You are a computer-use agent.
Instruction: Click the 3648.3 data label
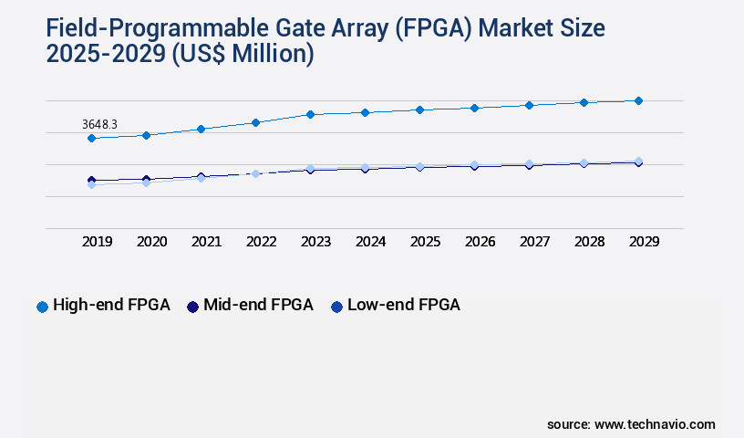point(100,122)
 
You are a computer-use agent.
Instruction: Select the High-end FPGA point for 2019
point(91,138)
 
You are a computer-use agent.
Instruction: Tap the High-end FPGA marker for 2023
point(310,114)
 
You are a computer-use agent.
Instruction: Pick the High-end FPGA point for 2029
point(638,100)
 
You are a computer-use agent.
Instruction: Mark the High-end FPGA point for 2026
point(474,108)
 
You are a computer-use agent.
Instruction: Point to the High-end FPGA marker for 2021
point(201,129)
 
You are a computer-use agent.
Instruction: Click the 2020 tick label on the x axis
point(151,242)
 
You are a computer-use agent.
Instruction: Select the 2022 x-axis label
point(261,242)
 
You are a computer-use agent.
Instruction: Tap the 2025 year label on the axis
point(425,242)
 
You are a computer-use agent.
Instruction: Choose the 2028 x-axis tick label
point(589,242)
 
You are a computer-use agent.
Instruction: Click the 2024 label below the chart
point(370,242)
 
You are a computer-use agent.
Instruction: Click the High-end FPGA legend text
point(111,305)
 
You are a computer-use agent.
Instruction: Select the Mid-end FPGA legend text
point(258,305)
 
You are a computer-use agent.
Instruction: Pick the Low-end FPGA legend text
point(403,305)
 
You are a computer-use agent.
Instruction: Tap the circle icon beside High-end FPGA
point(42,307)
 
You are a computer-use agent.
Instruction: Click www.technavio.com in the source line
point(655,424)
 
